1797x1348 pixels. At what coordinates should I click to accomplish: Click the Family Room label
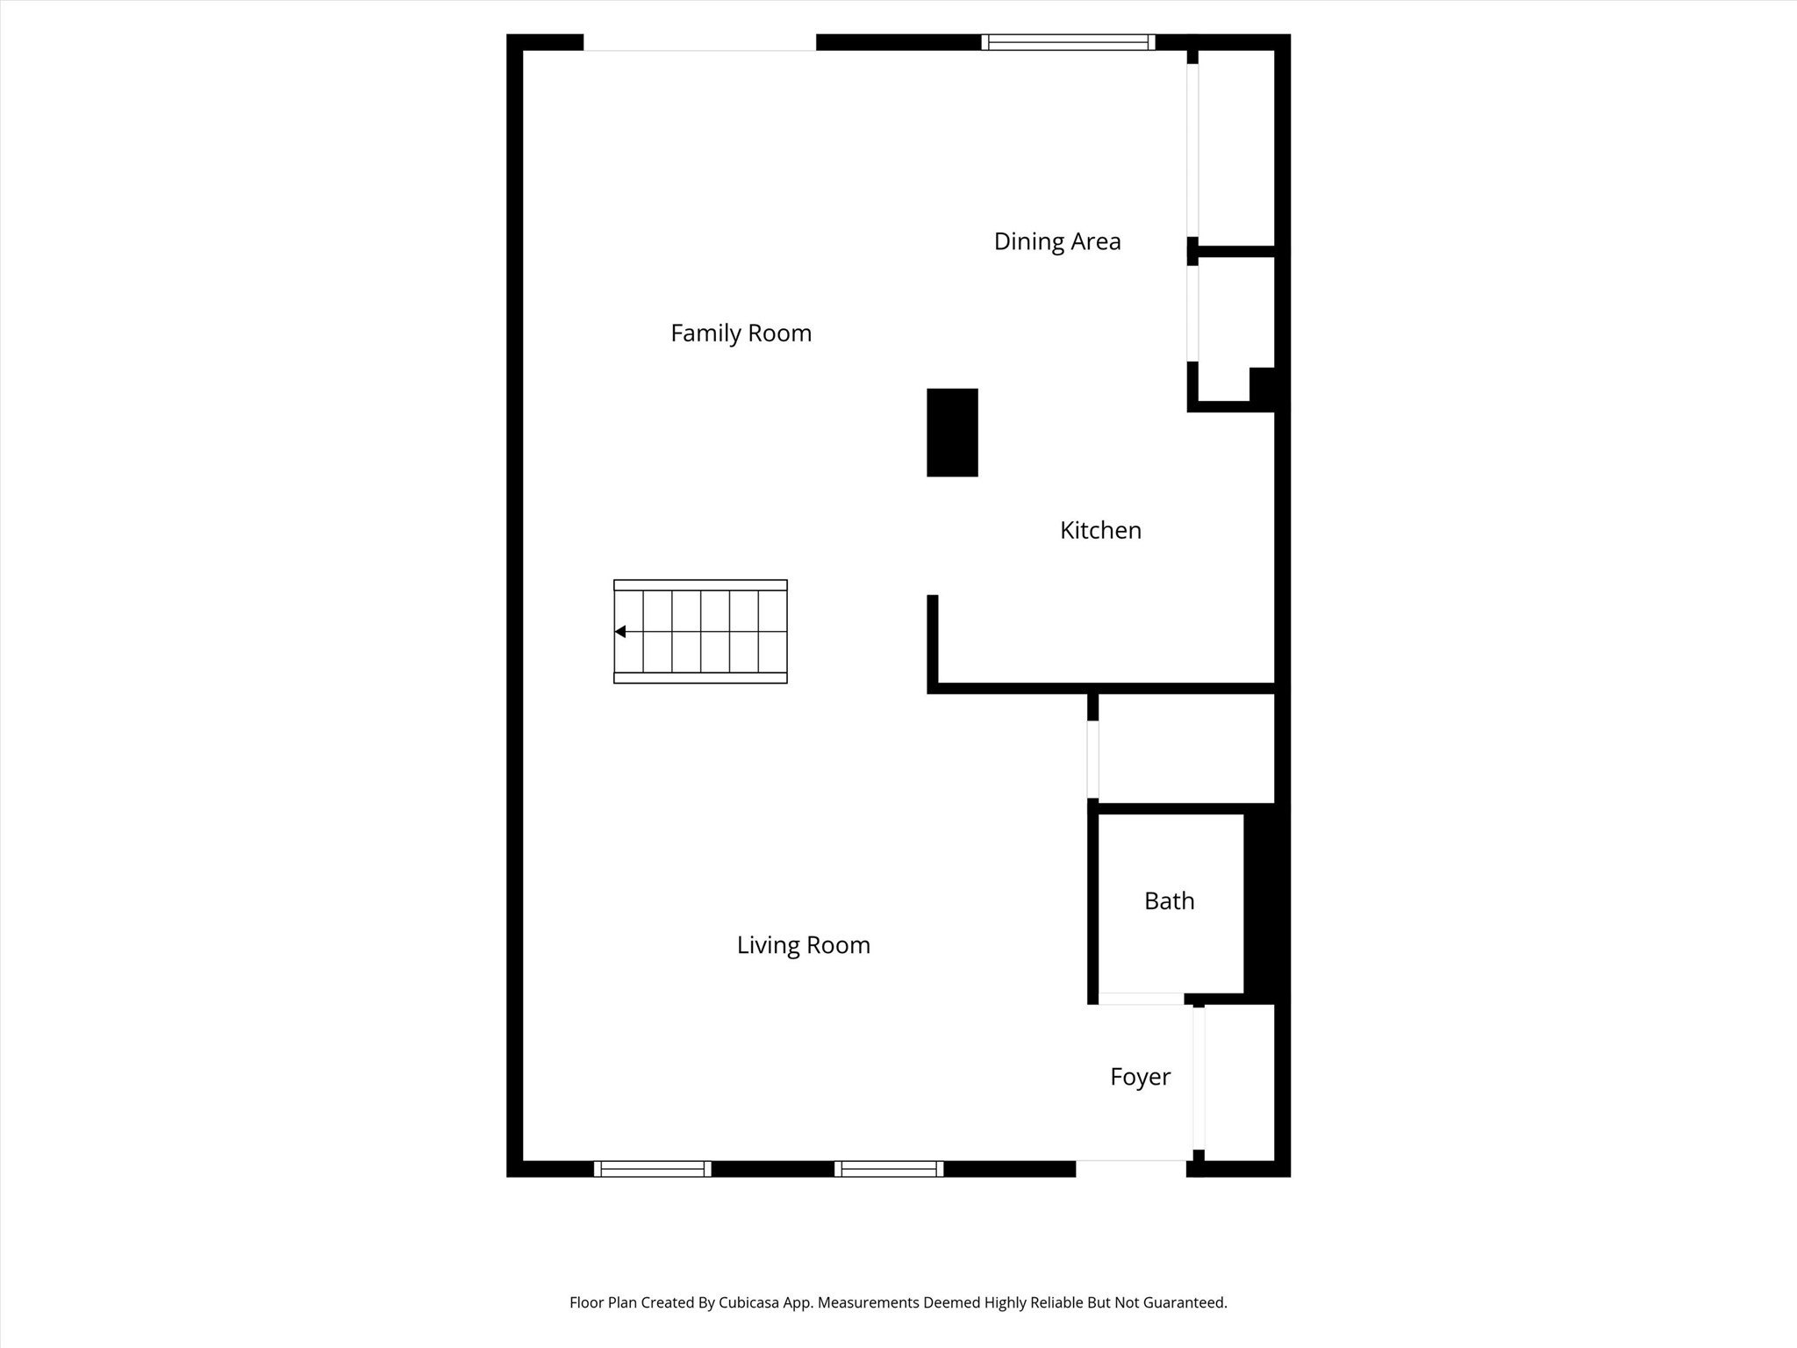pyautogui.click(x=741, y=333)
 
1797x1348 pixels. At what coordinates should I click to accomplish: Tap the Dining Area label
pyautogui.click(x=1056, y=241)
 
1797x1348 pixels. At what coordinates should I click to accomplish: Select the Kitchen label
pyautogui.click(x=1100, y=530)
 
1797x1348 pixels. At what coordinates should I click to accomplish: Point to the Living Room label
pyautogui.click(x=803, y=945)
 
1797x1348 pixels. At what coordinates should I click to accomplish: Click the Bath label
pyautogui.click(x=1169, y=901)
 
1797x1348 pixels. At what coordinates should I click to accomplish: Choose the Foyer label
pyautogui.click(x=1140, y=1077)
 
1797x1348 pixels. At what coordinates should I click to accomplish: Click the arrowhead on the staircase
pyautogui.click(x=620, y=632)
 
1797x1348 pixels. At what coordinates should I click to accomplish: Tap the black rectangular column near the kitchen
pyautogui.click(x=952, y=433)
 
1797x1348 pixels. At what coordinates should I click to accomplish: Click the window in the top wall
pyautogui.click(x=1068, y=42)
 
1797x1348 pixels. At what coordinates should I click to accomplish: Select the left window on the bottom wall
pyautogui.click(x=652, y=1168)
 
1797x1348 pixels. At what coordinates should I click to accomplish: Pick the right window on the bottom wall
pyautogui.click(x=889, y=1168)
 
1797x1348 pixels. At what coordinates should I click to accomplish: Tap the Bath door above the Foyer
pyautogui.click(x=1141, y=999)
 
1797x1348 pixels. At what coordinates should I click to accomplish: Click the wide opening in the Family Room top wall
pyautogui.click(x=699, y=44)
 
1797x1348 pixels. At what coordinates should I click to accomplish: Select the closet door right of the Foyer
pyautogui.click(x=1199, y=1079)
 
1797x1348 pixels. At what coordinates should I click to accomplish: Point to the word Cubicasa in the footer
pyautogui.click(x=753, y=1303)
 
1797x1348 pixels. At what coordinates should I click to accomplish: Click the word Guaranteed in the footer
pyautogui.click(x=1182, y=1303)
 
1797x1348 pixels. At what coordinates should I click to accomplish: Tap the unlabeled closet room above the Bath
pyautogui.click(x=1185, y=749)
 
